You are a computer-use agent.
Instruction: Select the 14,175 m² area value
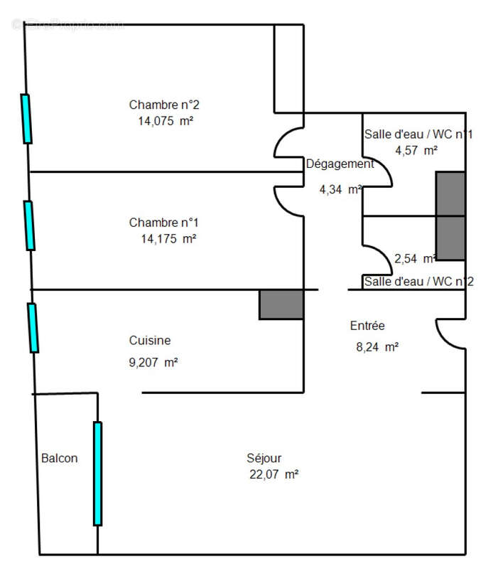click(x=168, y=239)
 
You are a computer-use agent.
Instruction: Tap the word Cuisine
click(x=150, y=341)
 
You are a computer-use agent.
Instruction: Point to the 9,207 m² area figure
click(x=153, y=362)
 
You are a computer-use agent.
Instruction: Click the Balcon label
click(x=60, y=458)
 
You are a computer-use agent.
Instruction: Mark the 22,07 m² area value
click(x=272, y=474)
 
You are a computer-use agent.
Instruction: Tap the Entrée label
click(x=367, y=326)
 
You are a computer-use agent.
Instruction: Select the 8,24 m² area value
click(x=377, y=347)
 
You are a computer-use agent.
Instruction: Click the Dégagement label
click(x=340, y=164)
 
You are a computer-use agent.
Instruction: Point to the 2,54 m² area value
click(x=415, y=258)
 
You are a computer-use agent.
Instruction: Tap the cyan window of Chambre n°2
click(x=26, y=119)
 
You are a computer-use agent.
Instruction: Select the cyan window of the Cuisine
click(x=33, y=327)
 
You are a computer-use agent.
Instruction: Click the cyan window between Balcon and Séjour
click(x=97, y=473)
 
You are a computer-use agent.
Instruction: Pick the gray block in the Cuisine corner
click(x=281, y=304)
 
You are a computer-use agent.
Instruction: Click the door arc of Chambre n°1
click(x=288, y=200)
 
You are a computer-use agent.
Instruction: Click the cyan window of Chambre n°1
click(x=29, y=225)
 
